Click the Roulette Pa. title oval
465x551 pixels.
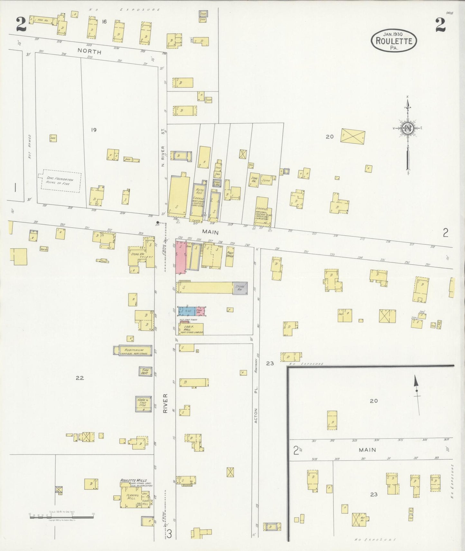394,41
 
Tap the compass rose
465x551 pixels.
408,129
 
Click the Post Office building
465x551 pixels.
229,256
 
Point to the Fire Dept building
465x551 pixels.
145,372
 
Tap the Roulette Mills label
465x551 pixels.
133,480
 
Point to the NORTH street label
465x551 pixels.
89,51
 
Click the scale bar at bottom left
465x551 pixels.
61,517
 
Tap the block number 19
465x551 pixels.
93,130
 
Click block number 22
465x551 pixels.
79,378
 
